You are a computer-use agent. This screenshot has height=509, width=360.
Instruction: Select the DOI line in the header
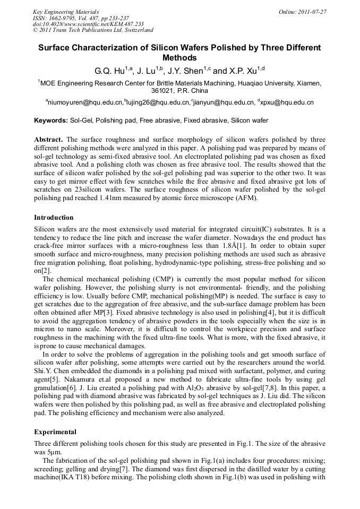pyautogui.click(x=88, y=24)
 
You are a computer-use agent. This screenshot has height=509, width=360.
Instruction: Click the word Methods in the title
pyautogui.click(x=179, y=58)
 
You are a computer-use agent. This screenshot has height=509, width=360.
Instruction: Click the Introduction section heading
pyautogui.click(x=54, y=218)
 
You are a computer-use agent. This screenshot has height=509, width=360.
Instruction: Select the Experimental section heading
pyautogui.click(x=55, y=432)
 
